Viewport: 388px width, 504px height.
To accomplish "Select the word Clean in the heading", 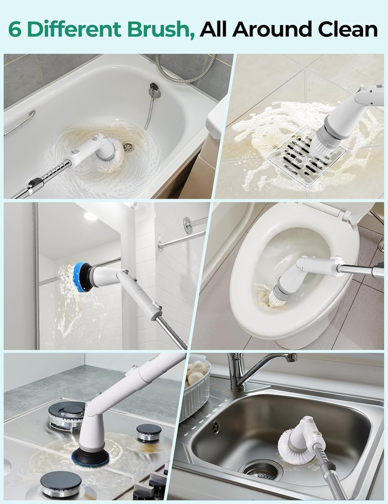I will pos(348,29).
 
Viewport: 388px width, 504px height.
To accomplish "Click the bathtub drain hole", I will pos(128,146).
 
